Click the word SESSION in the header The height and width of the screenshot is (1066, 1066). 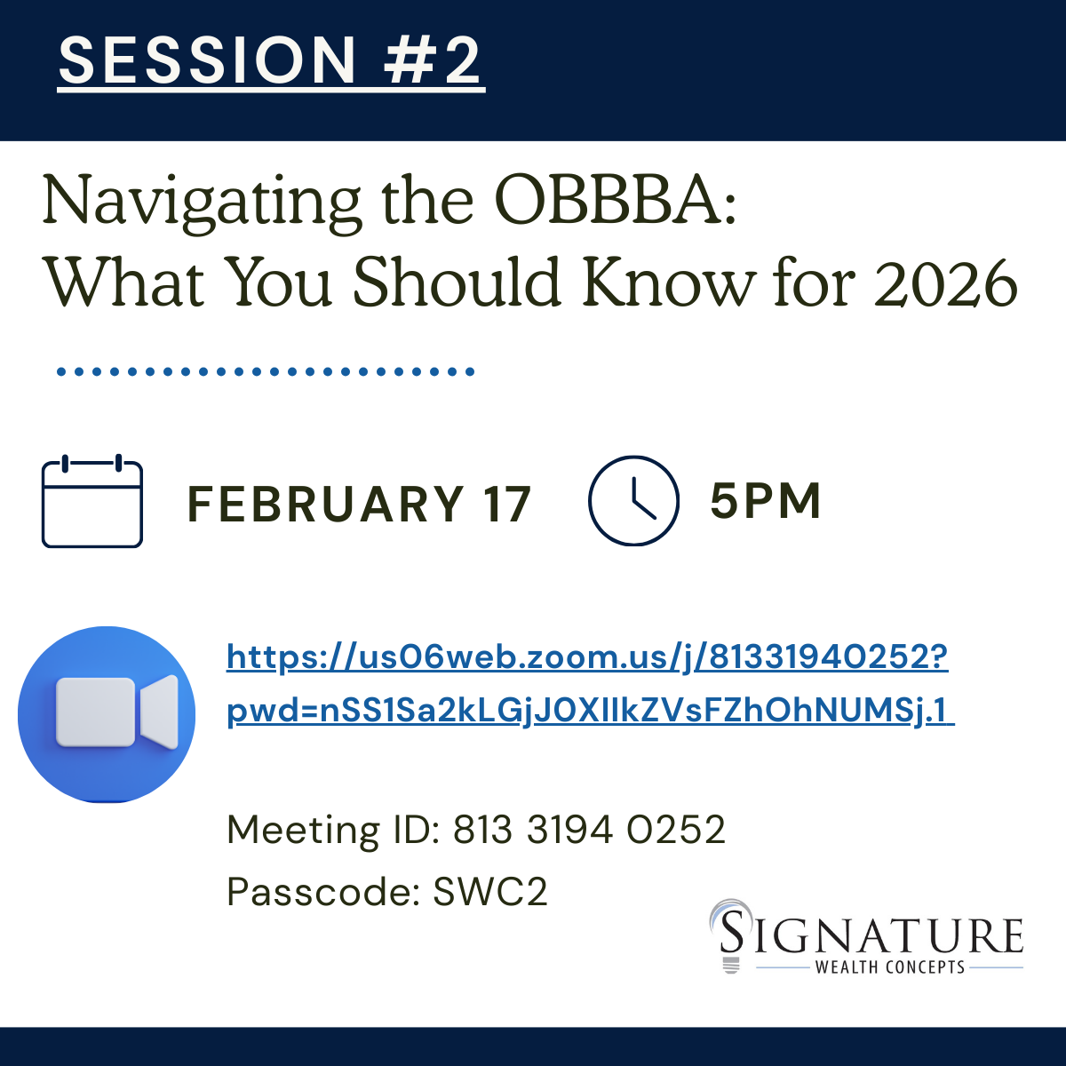coord(207,60)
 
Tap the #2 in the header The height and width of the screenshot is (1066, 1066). coord(432,60)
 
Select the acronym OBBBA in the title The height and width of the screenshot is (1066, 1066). coord(615,199)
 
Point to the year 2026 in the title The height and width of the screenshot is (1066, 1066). coord(946,283)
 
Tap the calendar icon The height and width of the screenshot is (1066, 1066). coord(92,501)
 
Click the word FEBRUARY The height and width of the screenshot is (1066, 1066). coord(325,504)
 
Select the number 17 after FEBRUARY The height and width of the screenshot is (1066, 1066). coord(506,504)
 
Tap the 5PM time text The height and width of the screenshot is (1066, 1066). coord(765,501)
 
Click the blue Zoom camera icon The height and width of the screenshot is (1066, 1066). coord(107,714)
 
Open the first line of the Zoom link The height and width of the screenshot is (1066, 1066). coord(587,657)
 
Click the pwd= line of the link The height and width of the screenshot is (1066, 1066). coord(590,712)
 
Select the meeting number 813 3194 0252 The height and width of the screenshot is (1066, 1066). coord(589,830)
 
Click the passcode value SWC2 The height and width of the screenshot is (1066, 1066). coord(490,892)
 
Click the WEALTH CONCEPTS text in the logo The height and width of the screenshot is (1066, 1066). coord(890,967)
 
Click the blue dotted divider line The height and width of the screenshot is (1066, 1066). coord(266,371)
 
